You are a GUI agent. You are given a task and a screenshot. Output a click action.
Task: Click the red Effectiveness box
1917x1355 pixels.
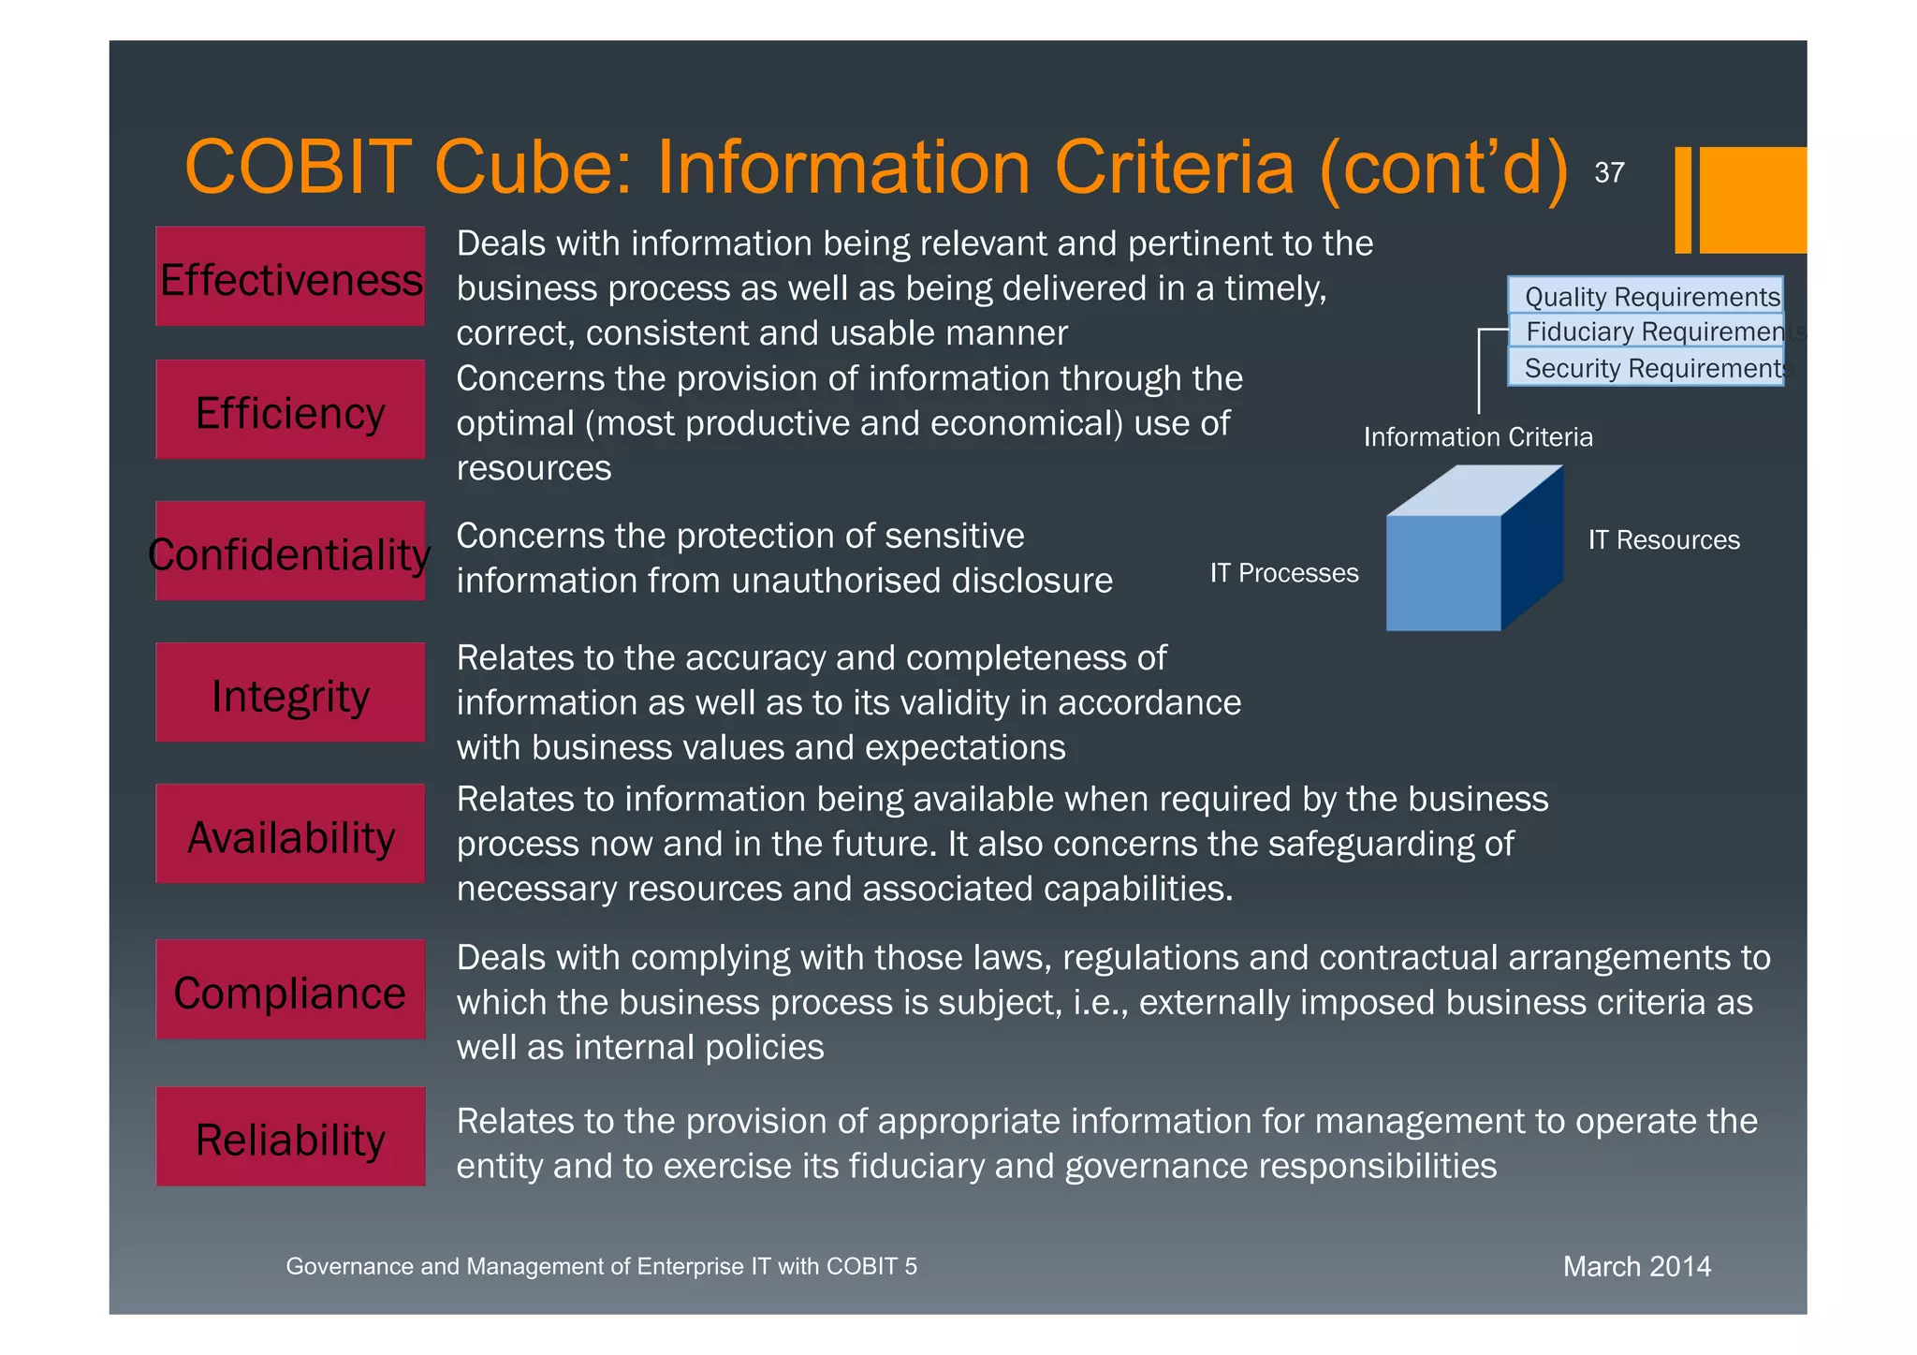coord(289,277)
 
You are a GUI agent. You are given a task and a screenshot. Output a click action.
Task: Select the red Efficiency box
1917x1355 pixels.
coord(289,410)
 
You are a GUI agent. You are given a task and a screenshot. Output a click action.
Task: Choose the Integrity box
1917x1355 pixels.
coord(289,694)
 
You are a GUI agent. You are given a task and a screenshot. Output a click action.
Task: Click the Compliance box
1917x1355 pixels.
coord(289,991)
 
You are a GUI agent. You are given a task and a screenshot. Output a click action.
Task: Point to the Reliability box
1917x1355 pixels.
coord(289,1138)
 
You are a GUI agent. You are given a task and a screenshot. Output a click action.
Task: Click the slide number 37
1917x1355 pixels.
coord(1609,173)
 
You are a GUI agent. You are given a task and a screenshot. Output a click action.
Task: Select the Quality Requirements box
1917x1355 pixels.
coord(1645,296)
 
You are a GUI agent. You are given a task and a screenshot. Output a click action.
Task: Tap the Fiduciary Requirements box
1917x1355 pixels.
coord(1645,331)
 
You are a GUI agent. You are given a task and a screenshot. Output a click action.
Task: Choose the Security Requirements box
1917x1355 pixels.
coord(1645,367)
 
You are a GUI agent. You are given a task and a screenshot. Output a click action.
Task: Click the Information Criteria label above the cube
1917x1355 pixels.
coord(1477,437)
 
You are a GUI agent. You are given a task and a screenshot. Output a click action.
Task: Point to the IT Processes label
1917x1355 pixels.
coord(1283,573)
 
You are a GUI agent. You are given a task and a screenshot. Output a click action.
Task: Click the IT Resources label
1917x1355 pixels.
coord(1663,540)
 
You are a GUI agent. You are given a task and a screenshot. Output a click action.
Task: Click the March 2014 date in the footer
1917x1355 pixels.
coord(1636,1267)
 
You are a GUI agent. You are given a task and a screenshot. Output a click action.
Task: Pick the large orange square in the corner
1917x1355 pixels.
coord(1752,199)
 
